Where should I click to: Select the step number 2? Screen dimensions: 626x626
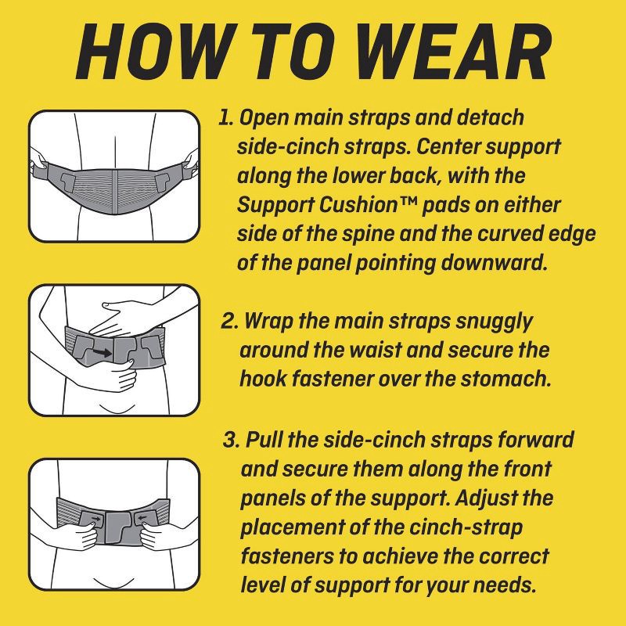pyautogui.click(x=229, y=321)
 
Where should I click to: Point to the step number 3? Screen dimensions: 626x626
pyautogui.click(x=232, y=440)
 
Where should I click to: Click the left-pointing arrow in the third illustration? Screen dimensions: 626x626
pyautogui.click(x=142, y=518)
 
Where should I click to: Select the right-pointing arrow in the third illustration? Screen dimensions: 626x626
pyautogui.click(x=95, y=519)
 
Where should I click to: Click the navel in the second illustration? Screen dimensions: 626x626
pyautogui.click(x=114, y=409)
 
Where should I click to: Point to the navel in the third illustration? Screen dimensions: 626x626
pyautogui.click(x=114, y=583)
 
